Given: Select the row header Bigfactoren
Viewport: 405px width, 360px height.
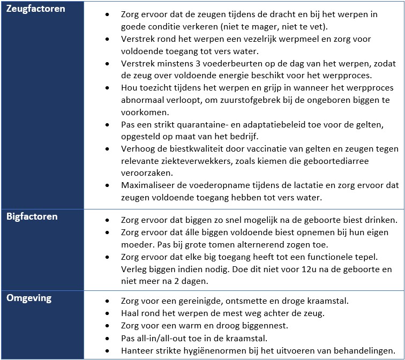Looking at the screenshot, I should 32,216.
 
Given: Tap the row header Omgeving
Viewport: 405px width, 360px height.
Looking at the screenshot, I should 28,298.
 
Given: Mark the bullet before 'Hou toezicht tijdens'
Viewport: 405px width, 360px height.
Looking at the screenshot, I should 109,88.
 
